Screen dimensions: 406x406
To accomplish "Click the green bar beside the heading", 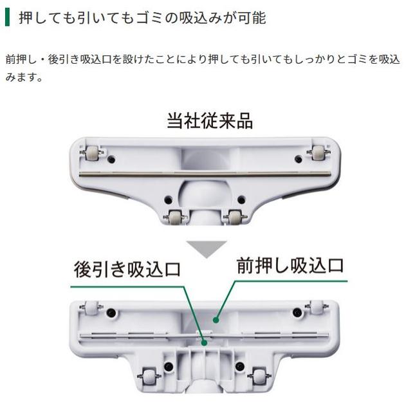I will coord(7,17).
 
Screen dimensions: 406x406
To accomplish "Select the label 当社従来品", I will coord(210,120).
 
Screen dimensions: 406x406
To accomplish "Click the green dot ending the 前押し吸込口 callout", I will coord(217,318).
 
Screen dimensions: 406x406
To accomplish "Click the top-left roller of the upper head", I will coord(91,154).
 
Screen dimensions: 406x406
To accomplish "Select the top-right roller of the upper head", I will coord(318,153).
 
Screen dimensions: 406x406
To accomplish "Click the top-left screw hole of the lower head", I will coord(111,313).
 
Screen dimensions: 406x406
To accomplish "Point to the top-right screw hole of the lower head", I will coord(297,313).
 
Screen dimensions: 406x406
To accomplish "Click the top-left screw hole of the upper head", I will coord(112,158).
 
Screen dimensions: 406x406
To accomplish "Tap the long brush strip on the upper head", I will coord(205,174).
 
